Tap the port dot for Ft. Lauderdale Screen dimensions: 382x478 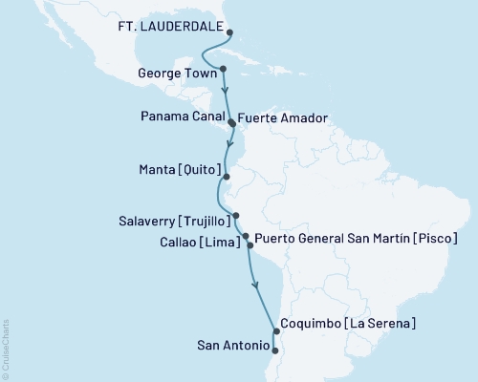coord(229,32)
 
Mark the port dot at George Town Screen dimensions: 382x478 coord(223,69)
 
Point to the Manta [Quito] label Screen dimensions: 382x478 coord(176,177)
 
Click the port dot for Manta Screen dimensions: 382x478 coord(226,177)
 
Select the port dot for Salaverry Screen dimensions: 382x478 coord(235,216)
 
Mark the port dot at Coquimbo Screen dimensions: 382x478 coord(275,332)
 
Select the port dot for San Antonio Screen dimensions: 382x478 coord(275,350)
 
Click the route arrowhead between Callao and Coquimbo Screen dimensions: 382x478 coord(255,283)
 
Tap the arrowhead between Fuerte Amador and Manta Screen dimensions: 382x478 coord(228,148)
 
